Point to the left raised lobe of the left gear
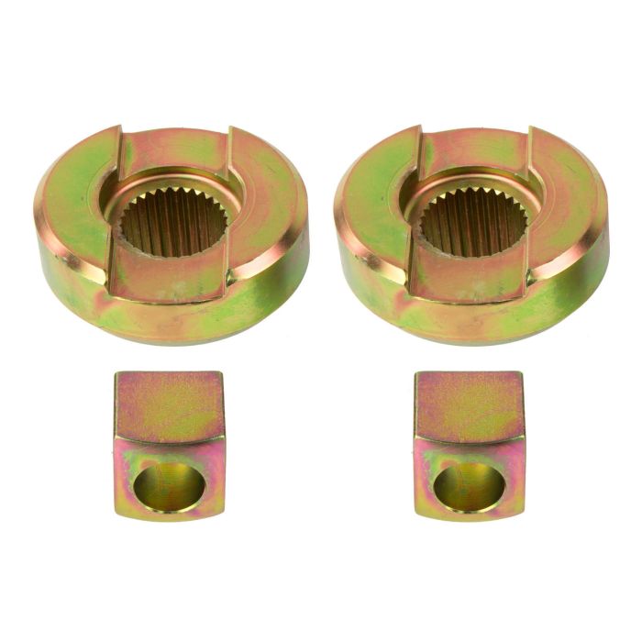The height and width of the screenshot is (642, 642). [73, 197]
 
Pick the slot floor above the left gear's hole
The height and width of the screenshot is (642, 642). [174, 151]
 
